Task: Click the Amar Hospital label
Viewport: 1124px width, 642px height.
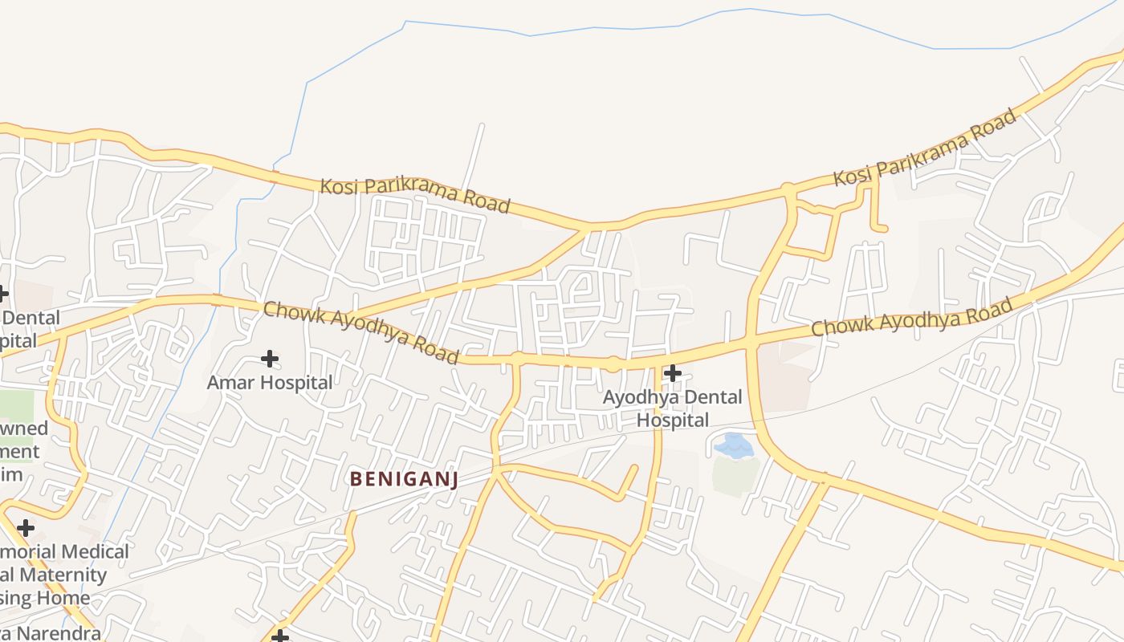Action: (x=270, y=383)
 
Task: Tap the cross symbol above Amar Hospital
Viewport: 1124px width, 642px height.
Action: (x=270, y=358)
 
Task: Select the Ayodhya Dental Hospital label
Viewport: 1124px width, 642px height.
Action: (x=673, y=408)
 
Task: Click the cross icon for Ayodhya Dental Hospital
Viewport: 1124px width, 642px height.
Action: (x=673, y=372)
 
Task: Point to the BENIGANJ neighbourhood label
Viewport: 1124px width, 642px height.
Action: (x=404, y=479)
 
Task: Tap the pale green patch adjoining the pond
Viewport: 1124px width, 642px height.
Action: (x=734, y=475)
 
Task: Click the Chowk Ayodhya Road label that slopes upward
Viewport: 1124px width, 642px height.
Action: (x=911, y=317)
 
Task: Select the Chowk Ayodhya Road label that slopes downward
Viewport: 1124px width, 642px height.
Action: (x=360, y=331)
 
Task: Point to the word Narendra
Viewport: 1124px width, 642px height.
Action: (x=59, y=633)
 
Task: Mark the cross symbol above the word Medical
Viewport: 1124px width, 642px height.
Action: (x=26, y=528)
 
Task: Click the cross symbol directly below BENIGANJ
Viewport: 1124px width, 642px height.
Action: (x=279, y=637)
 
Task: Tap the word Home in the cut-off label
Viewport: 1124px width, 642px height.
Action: (x=63, y=598)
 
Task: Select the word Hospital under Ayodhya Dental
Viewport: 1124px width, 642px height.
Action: (x=673, y=420)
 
